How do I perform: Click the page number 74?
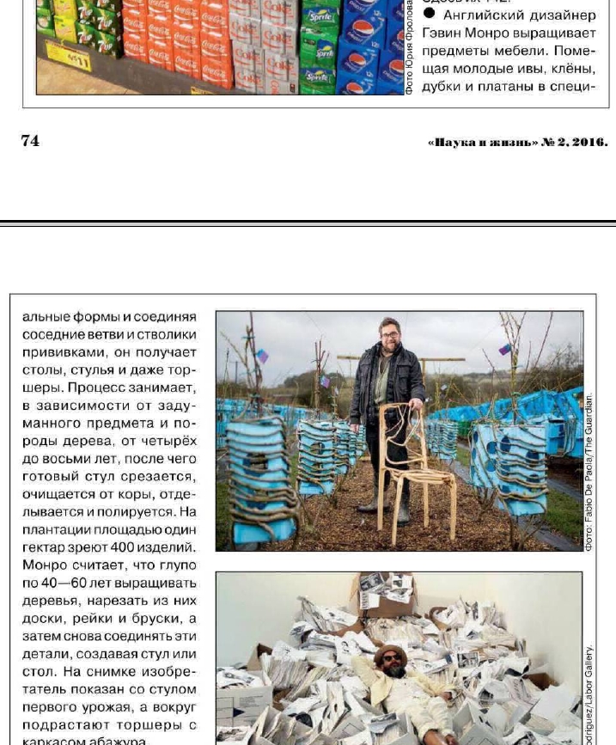[x=30, y=140]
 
